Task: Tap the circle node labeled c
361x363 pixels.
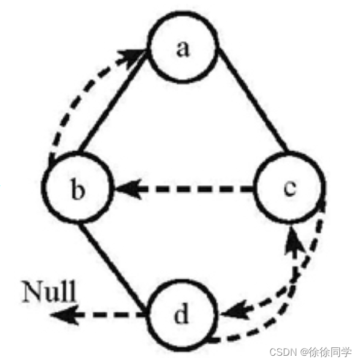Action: (288, 189)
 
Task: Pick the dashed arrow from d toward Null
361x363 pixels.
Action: (102, 315)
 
